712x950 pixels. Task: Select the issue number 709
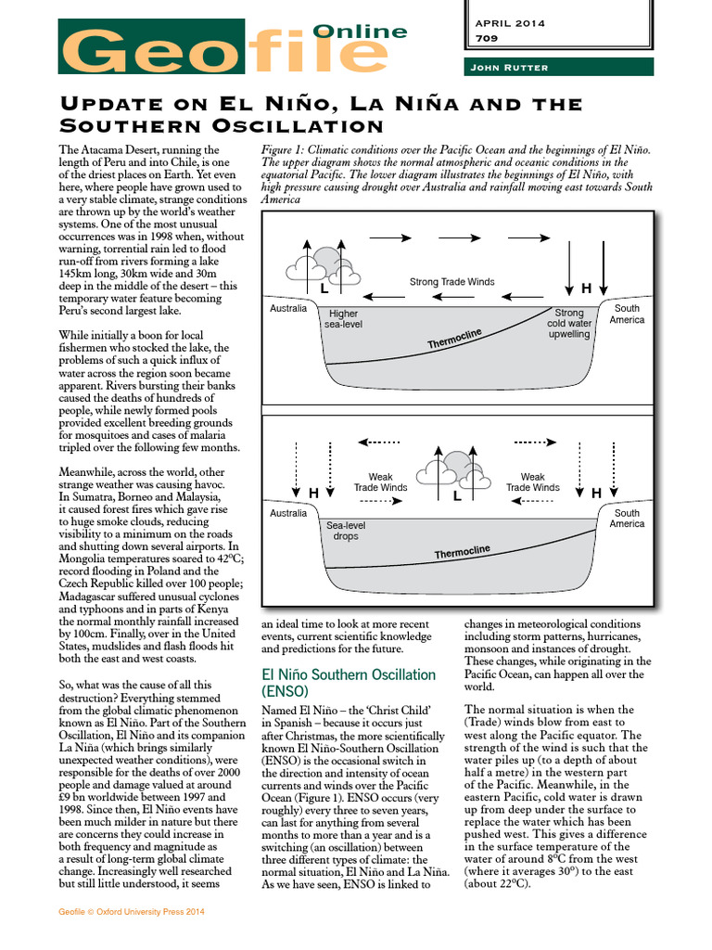tap(485, 39)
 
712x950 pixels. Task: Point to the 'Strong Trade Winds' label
tap(451, 282)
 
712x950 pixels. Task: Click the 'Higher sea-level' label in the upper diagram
tap(343, 319)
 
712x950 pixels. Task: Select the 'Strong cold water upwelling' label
tap(568, 324)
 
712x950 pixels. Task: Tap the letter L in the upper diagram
tap(324, 289)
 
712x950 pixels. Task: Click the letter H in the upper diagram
tap(586, 288)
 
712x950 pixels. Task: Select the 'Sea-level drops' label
tap(345, 531)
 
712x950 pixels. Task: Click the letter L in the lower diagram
tap(457, 497)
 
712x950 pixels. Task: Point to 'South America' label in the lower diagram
tap(627, 519)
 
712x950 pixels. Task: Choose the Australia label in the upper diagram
tap(287, 308)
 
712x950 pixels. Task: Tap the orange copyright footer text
tap(131, 912)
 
